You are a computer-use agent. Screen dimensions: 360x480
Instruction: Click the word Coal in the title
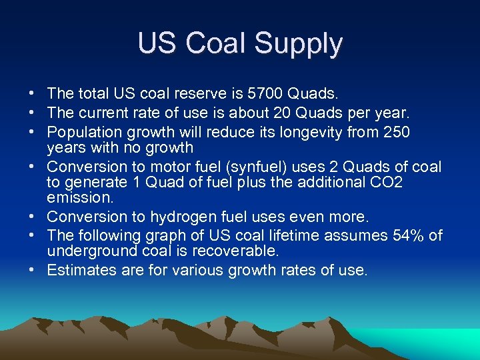(x=217, y=43)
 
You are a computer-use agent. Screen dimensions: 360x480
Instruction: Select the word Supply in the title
(x=298, y=45)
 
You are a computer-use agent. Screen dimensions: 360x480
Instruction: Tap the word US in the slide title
(x=158, y=43)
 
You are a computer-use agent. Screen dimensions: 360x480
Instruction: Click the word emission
(x=76, y=198)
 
